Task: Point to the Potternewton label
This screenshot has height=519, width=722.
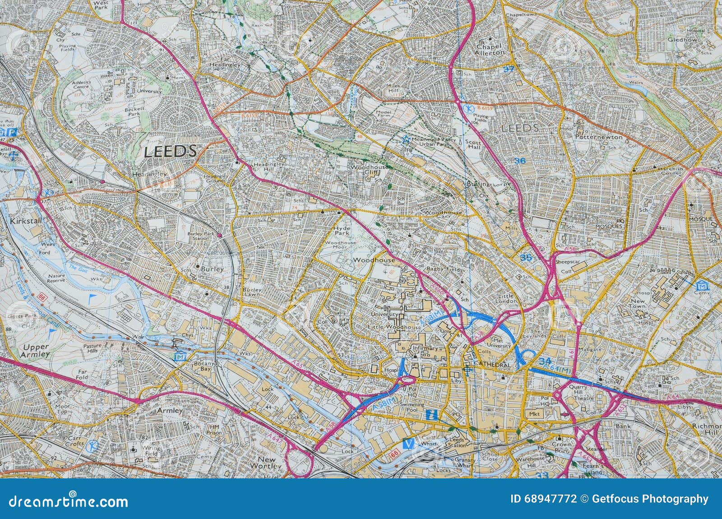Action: click(x=599, y=136)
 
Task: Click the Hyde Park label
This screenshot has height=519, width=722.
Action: click(x=342, y=232)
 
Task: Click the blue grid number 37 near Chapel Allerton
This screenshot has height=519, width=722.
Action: click(x=509, y=69)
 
